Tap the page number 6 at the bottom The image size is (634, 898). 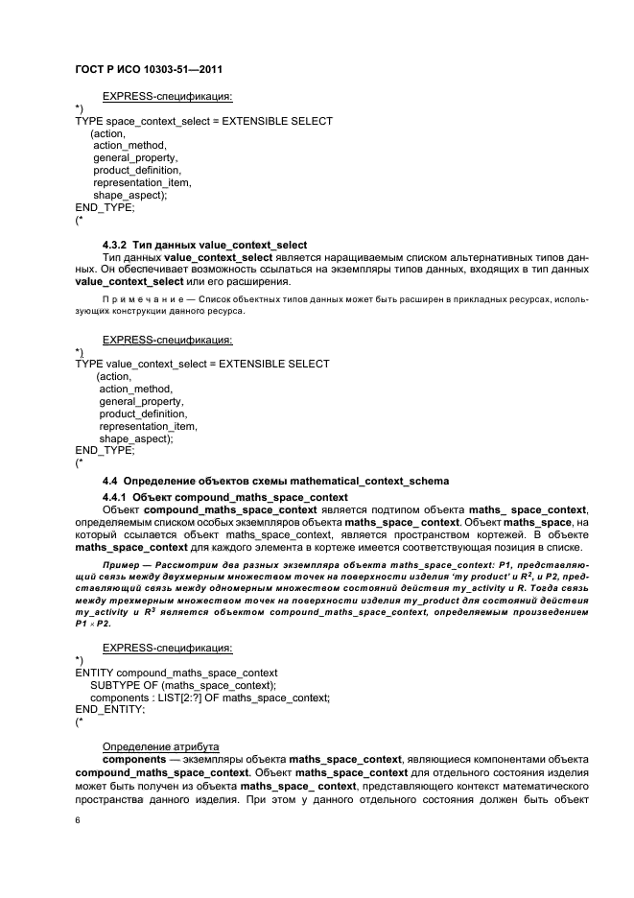[x=78, y=821]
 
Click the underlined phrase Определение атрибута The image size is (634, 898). [x=160, y=746]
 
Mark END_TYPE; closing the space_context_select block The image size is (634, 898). [x=105, y=207]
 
